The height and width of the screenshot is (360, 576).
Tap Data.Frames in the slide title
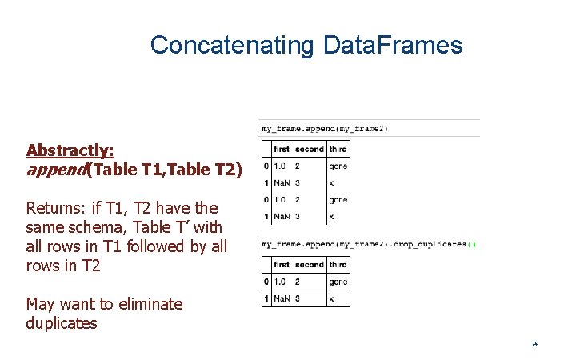(393, 45)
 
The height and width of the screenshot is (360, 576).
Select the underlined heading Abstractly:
(70, 150)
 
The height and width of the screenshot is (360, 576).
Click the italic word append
(56, 169)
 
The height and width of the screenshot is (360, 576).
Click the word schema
(89, 228)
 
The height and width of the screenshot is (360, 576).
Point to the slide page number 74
(534, 344)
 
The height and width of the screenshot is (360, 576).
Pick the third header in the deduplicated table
(338, 264)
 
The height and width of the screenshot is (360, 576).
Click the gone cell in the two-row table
(338, 282)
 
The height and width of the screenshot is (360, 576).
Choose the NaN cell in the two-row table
(282, 298)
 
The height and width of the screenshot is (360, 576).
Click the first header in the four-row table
(282, 149)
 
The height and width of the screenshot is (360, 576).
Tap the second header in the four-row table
(310, 149)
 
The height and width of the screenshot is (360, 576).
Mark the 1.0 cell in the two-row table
(280, 282)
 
